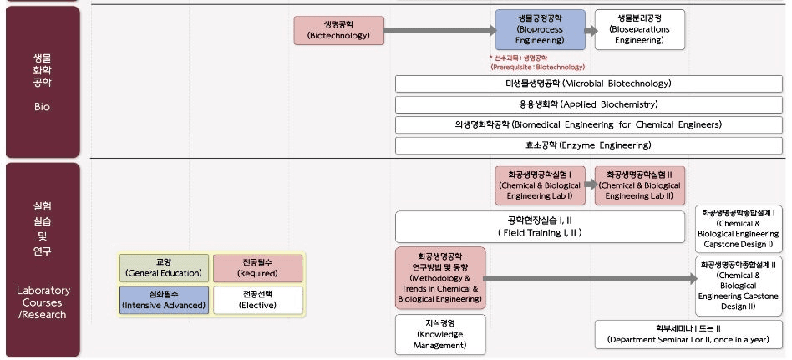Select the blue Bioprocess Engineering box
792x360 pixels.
(540, 29)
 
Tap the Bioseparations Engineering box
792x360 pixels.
(639, 29)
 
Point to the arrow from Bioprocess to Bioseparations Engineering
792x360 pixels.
(591, 30)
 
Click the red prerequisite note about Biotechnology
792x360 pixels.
(537, 63)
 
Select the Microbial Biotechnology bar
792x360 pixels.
(588, 84)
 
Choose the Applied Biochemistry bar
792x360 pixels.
(588, 104)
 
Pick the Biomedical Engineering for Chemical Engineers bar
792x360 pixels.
(588, 125)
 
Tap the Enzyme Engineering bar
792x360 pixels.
(588, 145)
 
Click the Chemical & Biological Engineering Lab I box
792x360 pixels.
(540, 185)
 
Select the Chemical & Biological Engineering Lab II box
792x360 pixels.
(639, 185)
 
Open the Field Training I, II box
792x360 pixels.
(540, 226)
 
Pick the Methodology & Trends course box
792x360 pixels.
(439, 277)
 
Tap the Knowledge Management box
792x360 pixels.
(439, 334)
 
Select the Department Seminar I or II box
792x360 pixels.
(688, 334)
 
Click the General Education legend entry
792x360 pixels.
(163, 268)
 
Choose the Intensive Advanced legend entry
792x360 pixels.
(163, 300)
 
